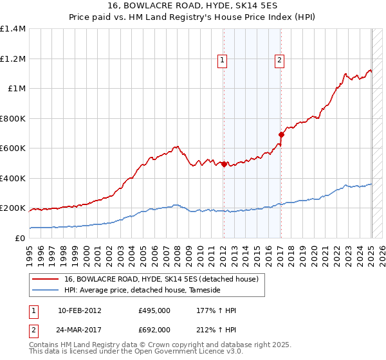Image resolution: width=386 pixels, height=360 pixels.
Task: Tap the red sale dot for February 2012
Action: pos(223,164)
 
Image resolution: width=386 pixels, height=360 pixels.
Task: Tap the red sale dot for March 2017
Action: pos(281,134)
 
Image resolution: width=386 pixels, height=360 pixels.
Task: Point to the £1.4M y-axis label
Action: pos(13,29)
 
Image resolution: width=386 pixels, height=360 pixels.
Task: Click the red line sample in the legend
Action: pos(45,279)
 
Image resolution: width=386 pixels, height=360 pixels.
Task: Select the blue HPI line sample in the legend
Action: pos(45,291)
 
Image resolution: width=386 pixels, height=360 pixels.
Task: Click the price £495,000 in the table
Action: pos(154,310)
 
